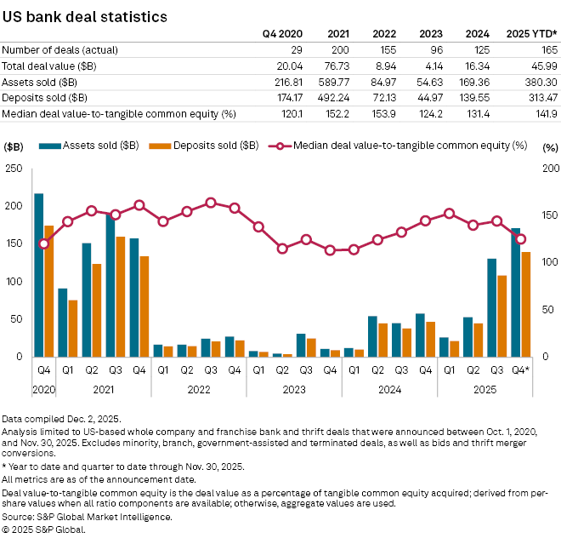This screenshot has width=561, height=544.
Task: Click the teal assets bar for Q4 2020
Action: (x=38, y=272)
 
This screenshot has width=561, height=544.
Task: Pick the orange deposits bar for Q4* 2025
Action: (x=526, y=304)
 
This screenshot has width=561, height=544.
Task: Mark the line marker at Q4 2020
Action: (x=43, y=244)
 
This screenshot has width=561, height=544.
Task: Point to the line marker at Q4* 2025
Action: (x=521, y=239)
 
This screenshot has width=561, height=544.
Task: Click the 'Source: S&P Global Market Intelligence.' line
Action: (x=87, y=517)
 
